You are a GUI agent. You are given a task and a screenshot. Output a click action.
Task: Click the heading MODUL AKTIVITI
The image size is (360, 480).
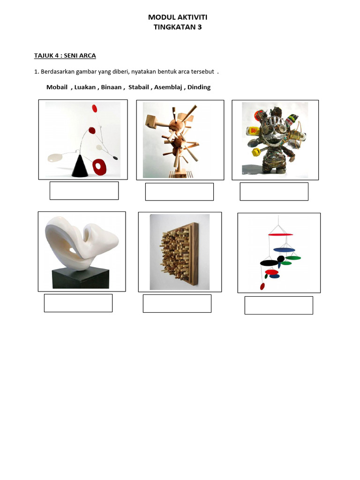click(178, 17)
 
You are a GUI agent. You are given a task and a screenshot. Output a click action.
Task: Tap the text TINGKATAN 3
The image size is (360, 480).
click(178, 27)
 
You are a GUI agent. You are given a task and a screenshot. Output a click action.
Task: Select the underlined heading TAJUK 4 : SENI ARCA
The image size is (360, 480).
click(65, 56)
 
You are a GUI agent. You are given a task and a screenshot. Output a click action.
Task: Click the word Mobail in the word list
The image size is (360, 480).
click(57, 87)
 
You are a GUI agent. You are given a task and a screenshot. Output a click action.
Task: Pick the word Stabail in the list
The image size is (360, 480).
click(138, 87)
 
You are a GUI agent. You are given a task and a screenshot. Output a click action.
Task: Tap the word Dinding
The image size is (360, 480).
click(199, 87)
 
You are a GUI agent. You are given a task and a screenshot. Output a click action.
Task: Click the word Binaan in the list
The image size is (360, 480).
click(111, 87)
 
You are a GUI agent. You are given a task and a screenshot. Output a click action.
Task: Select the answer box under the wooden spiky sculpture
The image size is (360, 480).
click(179, 192)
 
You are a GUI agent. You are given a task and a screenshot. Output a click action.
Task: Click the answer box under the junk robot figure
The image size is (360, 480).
click(274, 192)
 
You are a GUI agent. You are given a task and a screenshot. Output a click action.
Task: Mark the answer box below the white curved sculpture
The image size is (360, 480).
click(78, 303)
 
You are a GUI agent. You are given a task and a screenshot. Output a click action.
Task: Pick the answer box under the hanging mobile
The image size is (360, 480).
click(278, 305)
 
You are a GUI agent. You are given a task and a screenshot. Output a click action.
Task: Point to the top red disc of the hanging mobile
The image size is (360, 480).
click(280, 234)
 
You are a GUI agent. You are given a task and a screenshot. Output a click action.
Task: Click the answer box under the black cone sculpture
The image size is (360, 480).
click(84, 191)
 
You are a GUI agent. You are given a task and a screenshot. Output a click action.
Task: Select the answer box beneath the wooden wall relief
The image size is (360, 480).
click(177, 303)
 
